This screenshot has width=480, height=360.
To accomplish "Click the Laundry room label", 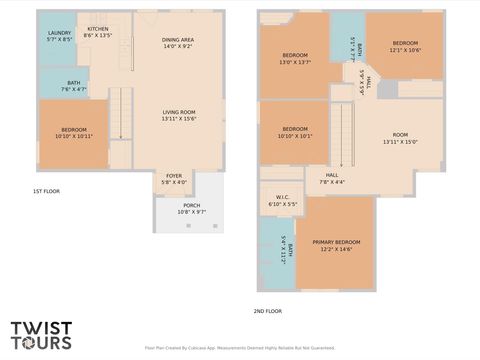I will tap(59, 36).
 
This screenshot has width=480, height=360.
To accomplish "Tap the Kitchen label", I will tap(98, 32).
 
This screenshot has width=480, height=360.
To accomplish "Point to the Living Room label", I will tap(178, 115).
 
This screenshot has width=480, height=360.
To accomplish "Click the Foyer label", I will tap(174, 179).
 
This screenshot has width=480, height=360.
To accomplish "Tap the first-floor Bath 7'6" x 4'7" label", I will tap(74, 86).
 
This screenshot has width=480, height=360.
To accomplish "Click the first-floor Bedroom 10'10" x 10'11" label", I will tap(73, 132).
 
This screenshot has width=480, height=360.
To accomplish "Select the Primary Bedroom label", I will tap(336, 246).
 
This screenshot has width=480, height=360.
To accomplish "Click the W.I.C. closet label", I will tap(282, 200).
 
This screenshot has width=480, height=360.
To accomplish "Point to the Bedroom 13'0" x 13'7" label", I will tap(294, 58).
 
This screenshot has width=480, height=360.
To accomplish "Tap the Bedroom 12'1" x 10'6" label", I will tap(404, 46).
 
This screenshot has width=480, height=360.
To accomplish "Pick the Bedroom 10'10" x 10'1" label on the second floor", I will tap(295, 132).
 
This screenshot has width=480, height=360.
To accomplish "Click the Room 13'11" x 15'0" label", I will tap(400, 138).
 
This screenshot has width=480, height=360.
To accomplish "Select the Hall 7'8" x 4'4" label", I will tap(331, 178).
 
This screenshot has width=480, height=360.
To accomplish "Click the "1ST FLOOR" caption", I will tap(46, 190).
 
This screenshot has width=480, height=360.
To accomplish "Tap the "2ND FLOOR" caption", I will tap(267, 311).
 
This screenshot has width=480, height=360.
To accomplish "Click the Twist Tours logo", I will tap(42, 335).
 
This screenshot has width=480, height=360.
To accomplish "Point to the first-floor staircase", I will tap(120, 112).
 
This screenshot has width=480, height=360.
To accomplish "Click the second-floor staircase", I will tap(343, 132).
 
